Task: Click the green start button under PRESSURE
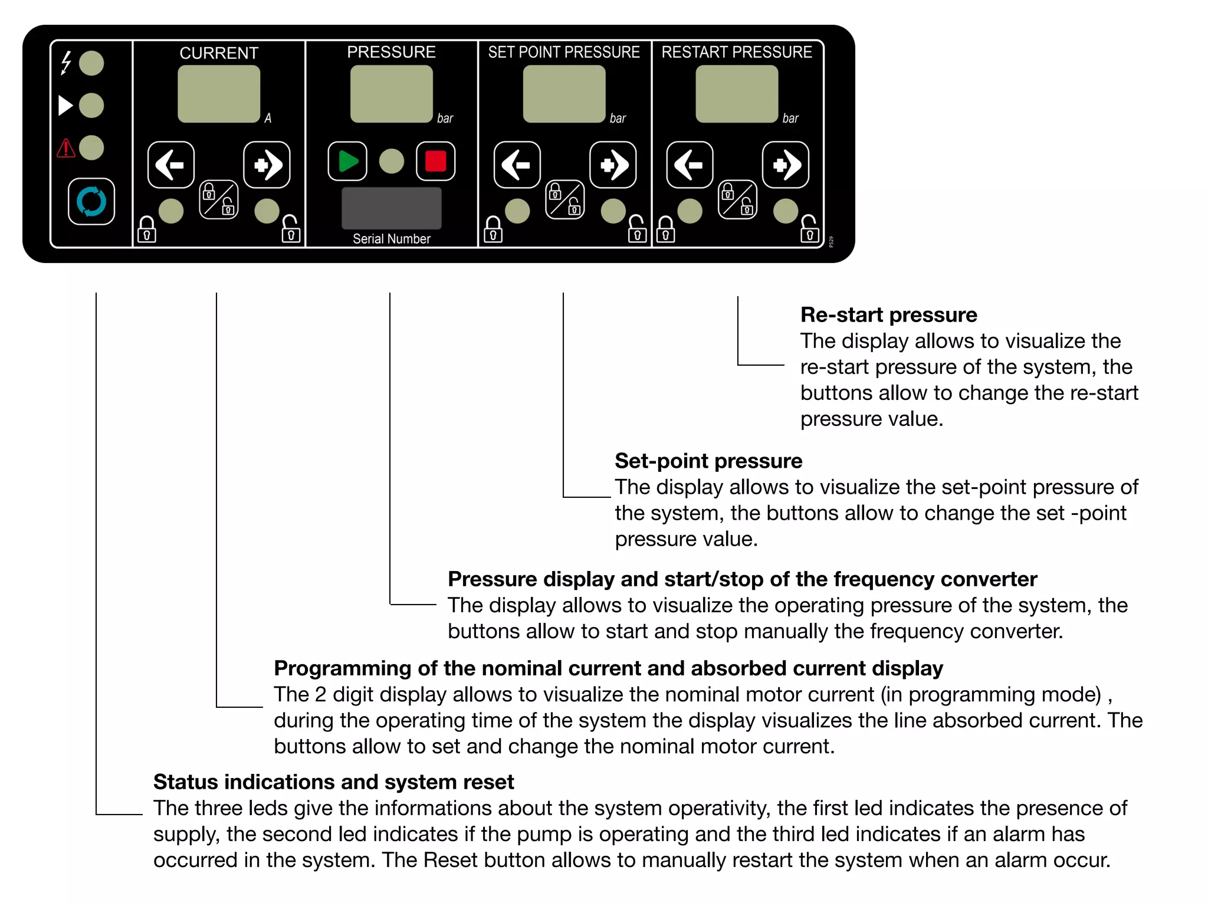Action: click(x=347, y=162)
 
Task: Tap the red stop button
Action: click(x=435, y=162)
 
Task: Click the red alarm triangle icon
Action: click(x=65, y=148)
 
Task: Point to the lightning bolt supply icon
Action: click(x=66, y=63)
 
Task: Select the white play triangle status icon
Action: click(x=65, y=106)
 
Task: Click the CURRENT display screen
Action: click(x=219, y=94)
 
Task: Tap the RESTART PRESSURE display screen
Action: click(x=737, y=94)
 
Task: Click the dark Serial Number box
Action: click(x=392, y=208)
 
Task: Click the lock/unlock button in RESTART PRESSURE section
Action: click(x=737, y=200)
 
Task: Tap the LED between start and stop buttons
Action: click(x=392, y=162)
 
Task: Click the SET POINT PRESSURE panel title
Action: click(x=564, y=52)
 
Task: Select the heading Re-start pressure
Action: click(x=888, y=315)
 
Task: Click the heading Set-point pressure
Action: click(x=708, y=461)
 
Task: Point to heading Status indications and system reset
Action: click(x=333, y=782)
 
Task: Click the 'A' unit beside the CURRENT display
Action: click(x=268, y=119)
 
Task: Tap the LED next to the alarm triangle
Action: click(x=91, y=148)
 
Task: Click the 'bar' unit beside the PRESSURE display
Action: click(x=445, y=119)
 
